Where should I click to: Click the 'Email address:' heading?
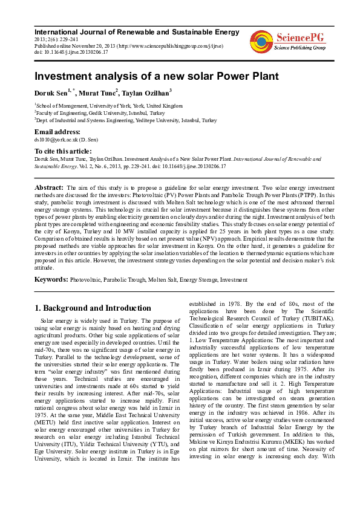coord(57,132)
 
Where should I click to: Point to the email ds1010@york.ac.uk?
coord(61,140)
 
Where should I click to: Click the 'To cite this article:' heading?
coord(64,151)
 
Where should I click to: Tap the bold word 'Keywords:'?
coord(51,280)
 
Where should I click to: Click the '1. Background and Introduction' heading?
coord(93,308)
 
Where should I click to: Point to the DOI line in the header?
coord(71,52)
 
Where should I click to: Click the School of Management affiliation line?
coord(108,105)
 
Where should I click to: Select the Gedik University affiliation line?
coord(100,112)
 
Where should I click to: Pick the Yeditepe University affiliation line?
coord(126,120)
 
